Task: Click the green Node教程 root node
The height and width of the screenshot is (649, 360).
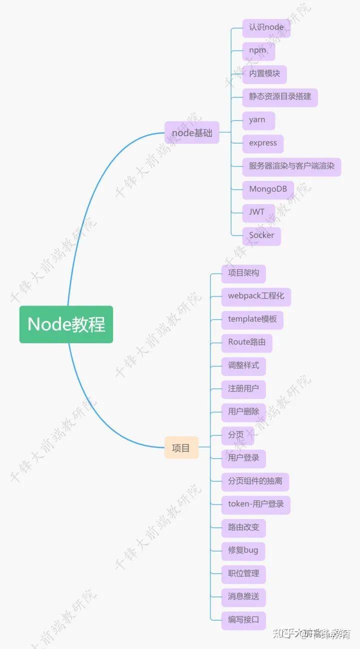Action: [66, 324]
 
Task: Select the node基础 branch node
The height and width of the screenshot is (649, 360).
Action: [192, 133]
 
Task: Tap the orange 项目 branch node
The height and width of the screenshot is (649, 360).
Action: [181, 448]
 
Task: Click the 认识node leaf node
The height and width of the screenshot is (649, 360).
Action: [266, 27]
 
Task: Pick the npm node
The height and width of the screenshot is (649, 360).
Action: [257, 50]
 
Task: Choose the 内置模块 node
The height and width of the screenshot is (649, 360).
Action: [264, 73]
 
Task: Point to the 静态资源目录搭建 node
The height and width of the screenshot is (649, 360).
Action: [280, 96]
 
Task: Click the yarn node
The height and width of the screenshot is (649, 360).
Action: [257, 120]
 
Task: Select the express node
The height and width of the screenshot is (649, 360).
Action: [263, 143]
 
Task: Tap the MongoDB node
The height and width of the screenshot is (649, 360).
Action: [268, 189]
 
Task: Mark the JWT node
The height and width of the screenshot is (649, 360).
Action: [257, 212]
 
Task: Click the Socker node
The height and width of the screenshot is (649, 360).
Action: [261, 235]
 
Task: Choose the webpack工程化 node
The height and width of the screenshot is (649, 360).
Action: [256, 296]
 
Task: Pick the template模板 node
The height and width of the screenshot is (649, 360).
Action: [252, 319]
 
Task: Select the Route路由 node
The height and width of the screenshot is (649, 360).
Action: [246, 342]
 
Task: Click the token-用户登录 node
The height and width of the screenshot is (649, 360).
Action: [255, 504]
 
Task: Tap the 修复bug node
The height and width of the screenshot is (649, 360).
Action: [243, 550]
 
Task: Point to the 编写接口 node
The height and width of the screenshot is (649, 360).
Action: [243, 620]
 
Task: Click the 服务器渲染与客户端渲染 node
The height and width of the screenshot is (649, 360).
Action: [291, 166]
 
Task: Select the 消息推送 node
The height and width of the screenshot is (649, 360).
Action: [243, 596]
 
